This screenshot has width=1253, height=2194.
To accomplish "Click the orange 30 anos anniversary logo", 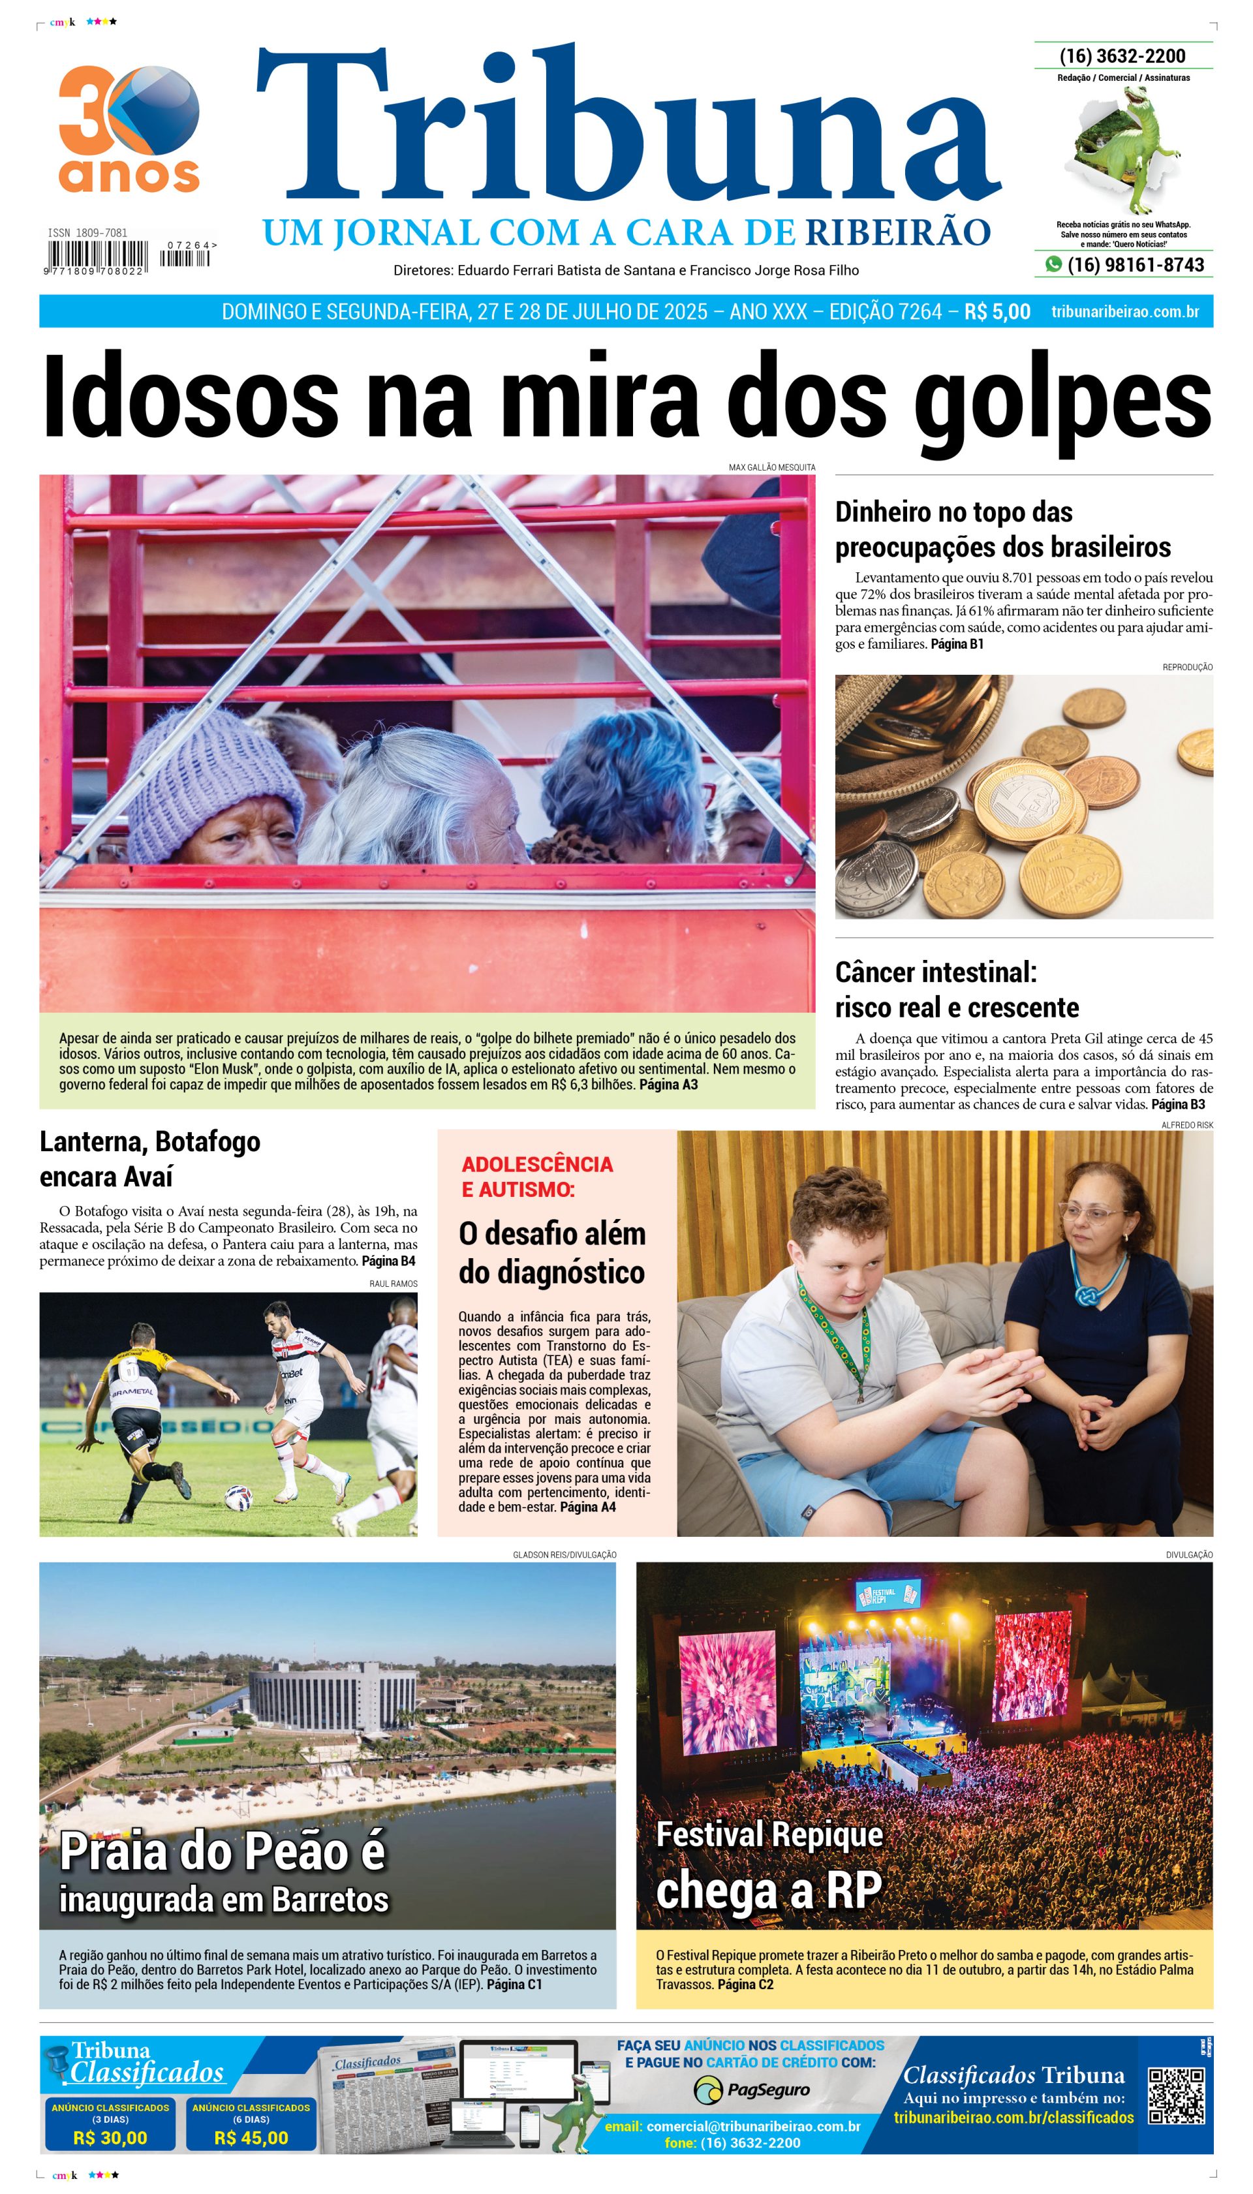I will coord(129,129).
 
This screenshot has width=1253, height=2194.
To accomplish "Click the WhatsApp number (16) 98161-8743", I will coord(1134,265).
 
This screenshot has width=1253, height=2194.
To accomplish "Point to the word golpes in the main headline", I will coord(1063,397).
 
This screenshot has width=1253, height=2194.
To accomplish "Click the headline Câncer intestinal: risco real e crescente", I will coord(956,989).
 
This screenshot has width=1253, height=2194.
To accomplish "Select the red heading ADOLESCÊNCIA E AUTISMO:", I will coord(537,1176).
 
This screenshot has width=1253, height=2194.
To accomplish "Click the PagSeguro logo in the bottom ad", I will coord(751,2090).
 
